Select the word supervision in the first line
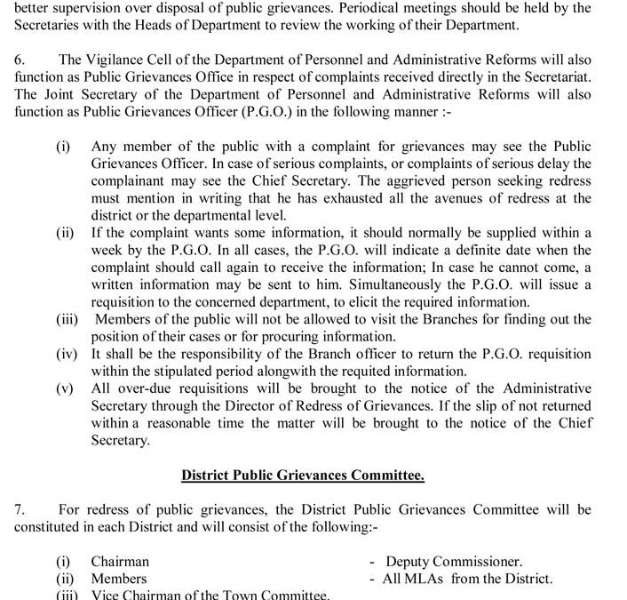(x=86, y=8)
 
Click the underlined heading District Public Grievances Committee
(x=302, y=475)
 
